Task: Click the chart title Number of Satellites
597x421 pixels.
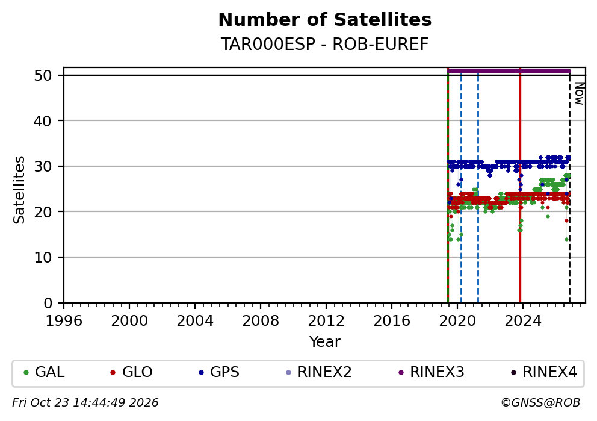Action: coord(325,20)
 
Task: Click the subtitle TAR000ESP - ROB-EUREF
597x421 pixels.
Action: coord(325,44)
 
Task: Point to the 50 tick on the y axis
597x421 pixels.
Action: coord(43,75)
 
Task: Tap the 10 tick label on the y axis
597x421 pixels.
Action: coord(43,258)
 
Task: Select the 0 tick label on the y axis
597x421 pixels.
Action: coord(48,304)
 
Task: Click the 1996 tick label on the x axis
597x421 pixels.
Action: coord(64,321)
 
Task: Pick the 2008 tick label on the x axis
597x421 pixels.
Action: coord(261,321)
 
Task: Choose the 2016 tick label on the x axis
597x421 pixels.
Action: coord(392,321)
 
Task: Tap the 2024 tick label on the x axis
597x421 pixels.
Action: coord(523,321)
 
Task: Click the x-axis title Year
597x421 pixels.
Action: coord(325,341)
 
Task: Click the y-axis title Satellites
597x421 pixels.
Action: coord(19,190)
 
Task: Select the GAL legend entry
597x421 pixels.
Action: coord(44,372)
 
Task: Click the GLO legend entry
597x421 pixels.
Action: coord(131,372)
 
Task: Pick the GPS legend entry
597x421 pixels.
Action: coord(219,372)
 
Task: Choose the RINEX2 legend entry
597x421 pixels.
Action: coord(319,372)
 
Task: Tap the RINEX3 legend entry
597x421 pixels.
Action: coord(432,372)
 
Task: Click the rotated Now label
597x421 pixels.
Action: coord(579,94)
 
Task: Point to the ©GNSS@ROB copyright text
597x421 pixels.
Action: coord(540,403)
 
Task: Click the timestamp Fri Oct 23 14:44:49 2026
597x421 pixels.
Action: coord(85,403)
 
